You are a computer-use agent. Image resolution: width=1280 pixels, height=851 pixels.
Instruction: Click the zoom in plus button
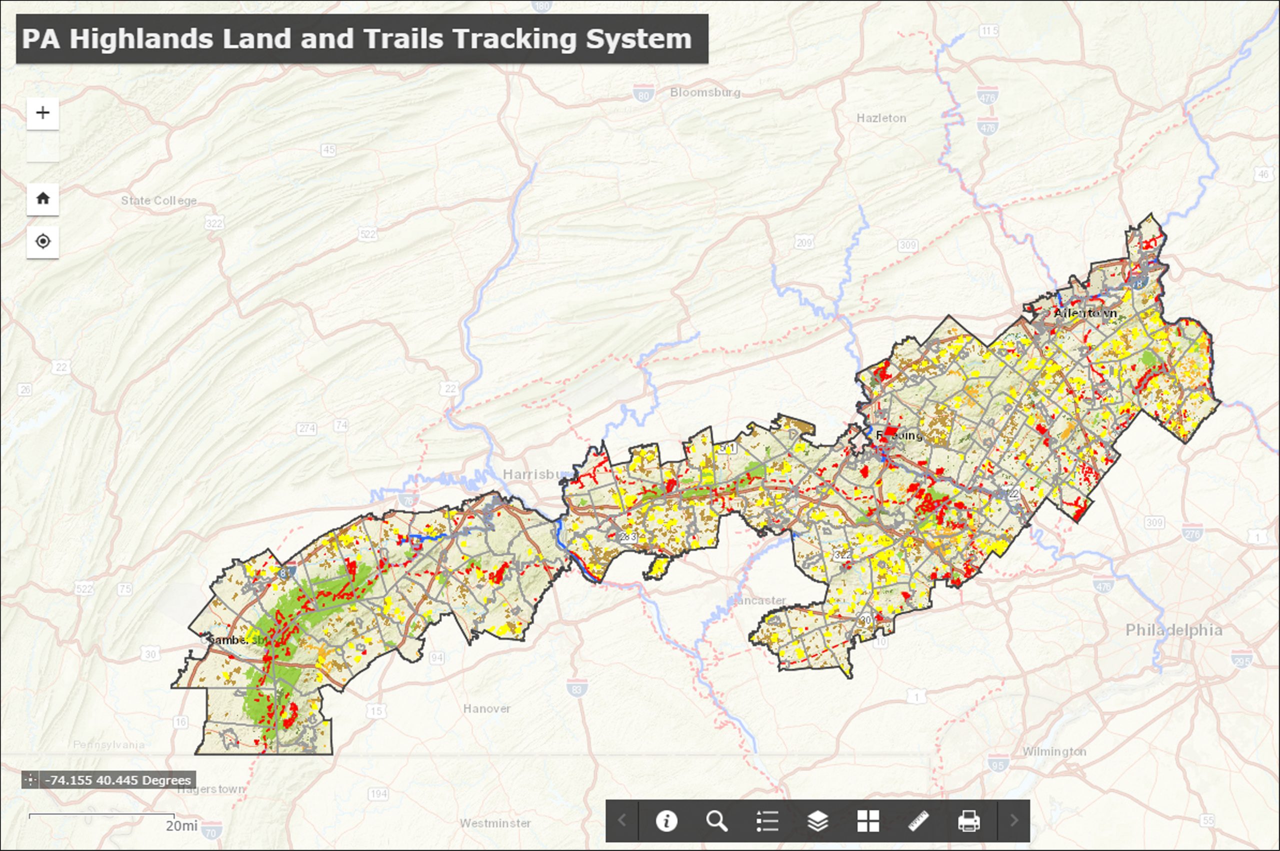click(43, 113)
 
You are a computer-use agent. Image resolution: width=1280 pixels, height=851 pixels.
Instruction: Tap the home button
click(43, 198)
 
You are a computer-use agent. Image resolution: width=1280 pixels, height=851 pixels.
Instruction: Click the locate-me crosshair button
click(43, 241)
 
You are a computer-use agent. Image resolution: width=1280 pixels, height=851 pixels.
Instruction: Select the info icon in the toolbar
click(666, 820)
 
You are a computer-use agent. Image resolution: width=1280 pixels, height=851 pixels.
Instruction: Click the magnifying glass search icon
click(716, 820)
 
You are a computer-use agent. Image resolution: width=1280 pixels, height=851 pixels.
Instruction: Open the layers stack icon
click(817, 820)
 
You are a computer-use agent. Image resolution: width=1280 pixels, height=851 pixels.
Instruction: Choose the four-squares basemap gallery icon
click(868, 820)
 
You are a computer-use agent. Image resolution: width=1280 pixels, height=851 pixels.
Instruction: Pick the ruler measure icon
click(918, 820)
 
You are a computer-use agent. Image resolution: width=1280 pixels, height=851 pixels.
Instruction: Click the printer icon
click(968, 820)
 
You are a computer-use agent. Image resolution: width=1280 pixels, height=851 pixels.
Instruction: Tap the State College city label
click(158, 200)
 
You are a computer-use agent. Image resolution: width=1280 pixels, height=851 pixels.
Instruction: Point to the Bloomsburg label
click(705, 92)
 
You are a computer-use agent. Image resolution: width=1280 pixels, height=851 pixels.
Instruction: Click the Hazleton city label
click(881, 118)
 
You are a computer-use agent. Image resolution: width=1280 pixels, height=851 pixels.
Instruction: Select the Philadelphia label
click(1173, 630)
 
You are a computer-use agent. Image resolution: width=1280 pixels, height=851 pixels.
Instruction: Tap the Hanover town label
click(486, 708)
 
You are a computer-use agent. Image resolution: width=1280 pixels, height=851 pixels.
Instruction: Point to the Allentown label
click(1085, 313)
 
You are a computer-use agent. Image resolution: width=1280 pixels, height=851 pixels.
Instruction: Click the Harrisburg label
click(534, 474)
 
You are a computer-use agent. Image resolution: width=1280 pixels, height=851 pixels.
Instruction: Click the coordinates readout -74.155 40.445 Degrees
click(118, 780)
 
